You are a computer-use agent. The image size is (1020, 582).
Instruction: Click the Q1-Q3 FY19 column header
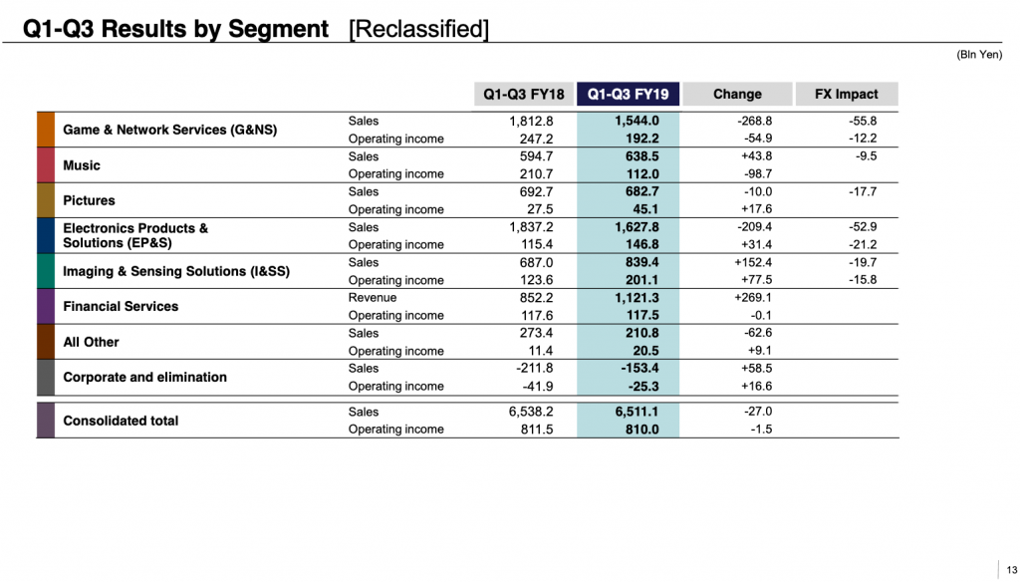[628, 95]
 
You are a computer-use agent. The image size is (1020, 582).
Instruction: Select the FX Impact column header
[847, 95]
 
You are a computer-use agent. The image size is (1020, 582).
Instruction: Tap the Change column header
[737, 95]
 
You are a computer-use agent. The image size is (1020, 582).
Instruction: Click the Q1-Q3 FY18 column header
[524, 95]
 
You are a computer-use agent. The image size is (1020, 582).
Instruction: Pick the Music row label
[82, 165]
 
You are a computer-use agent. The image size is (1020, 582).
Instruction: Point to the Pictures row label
[89, 200]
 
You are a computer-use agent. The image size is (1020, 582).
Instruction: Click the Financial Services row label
[121, 306]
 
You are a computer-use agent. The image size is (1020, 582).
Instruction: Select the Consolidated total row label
[121, 421]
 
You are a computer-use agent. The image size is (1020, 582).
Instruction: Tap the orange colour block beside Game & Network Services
[45, 130]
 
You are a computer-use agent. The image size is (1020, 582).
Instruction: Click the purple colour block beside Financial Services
[45, 306]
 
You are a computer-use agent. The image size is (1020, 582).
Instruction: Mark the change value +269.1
[752, 297]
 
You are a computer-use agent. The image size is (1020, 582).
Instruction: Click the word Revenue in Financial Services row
[373, 297]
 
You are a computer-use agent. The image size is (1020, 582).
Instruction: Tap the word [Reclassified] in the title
[418, 29]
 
